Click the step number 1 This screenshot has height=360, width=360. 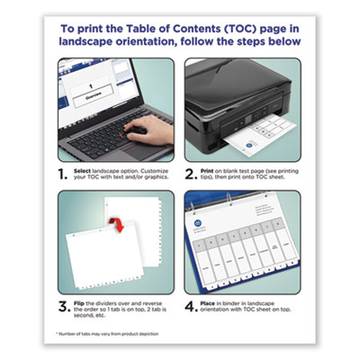tap(62, 173)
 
